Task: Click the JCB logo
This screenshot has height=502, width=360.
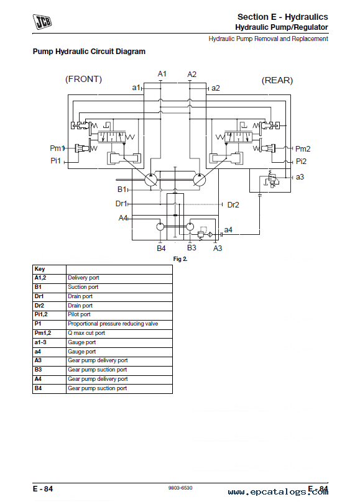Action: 42,22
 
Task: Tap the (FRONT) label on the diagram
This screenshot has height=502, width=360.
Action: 83,79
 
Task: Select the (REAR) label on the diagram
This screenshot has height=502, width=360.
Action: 277,80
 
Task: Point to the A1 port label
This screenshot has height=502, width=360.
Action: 162,74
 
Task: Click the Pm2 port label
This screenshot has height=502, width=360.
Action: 303,149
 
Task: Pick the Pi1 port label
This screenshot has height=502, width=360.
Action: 55,160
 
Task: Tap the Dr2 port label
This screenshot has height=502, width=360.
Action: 233,205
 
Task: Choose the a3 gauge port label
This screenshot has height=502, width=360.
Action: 300,177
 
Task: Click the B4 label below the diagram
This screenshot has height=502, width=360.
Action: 161,249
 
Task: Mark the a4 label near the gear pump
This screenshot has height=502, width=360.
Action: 228,229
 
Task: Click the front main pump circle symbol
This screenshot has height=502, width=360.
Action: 150,180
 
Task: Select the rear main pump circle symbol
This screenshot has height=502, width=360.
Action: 199,180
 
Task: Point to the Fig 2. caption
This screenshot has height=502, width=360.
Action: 180,259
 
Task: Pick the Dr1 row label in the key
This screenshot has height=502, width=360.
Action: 39,296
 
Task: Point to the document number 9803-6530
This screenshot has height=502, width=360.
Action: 180,488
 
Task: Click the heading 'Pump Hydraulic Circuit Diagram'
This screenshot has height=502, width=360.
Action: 89,52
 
